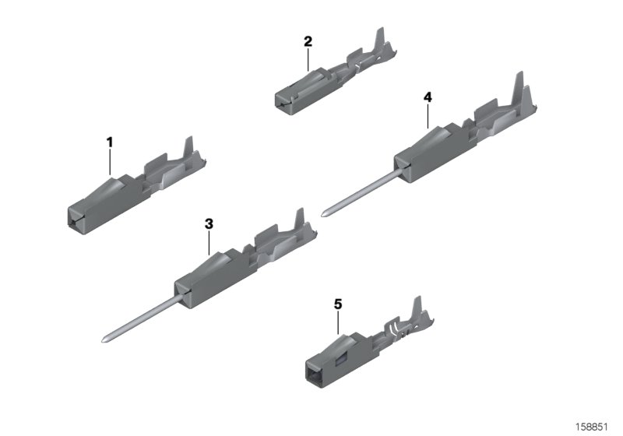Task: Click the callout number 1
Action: (x=110, y=142)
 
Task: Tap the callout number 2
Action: (x=308, y=40)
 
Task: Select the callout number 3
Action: (x=209, y=223)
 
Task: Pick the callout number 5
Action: (x=338, y=304)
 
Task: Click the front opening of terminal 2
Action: (x=280, y=100)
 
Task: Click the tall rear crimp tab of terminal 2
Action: (x=380, y=39)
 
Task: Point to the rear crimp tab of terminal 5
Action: (x=417, y=306)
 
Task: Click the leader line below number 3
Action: (x=209, y=242)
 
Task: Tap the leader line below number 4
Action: (x=428, y=115)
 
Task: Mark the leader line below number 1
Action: (x=110, y=161)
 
